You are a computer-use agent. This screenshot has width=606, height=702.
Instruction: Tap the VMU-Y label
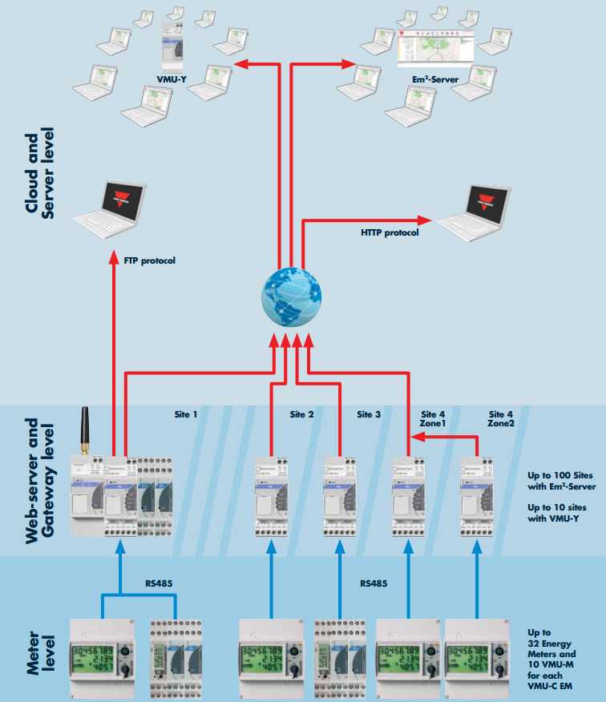(172, 79)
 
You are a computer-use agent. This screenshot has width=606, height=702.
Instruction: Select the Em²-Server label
(433, 79)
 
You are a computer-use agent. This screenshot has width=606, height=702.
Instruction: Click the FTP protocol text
(150, 260)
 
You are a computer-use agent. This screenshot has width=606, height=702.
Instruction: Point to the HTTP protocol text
(390, 233)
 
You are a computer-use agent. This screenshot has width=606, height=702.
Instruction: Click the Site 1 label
(186, 415)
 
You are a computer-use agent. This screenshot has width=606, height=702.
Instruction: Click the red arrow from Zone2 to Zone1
(440, 438)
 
